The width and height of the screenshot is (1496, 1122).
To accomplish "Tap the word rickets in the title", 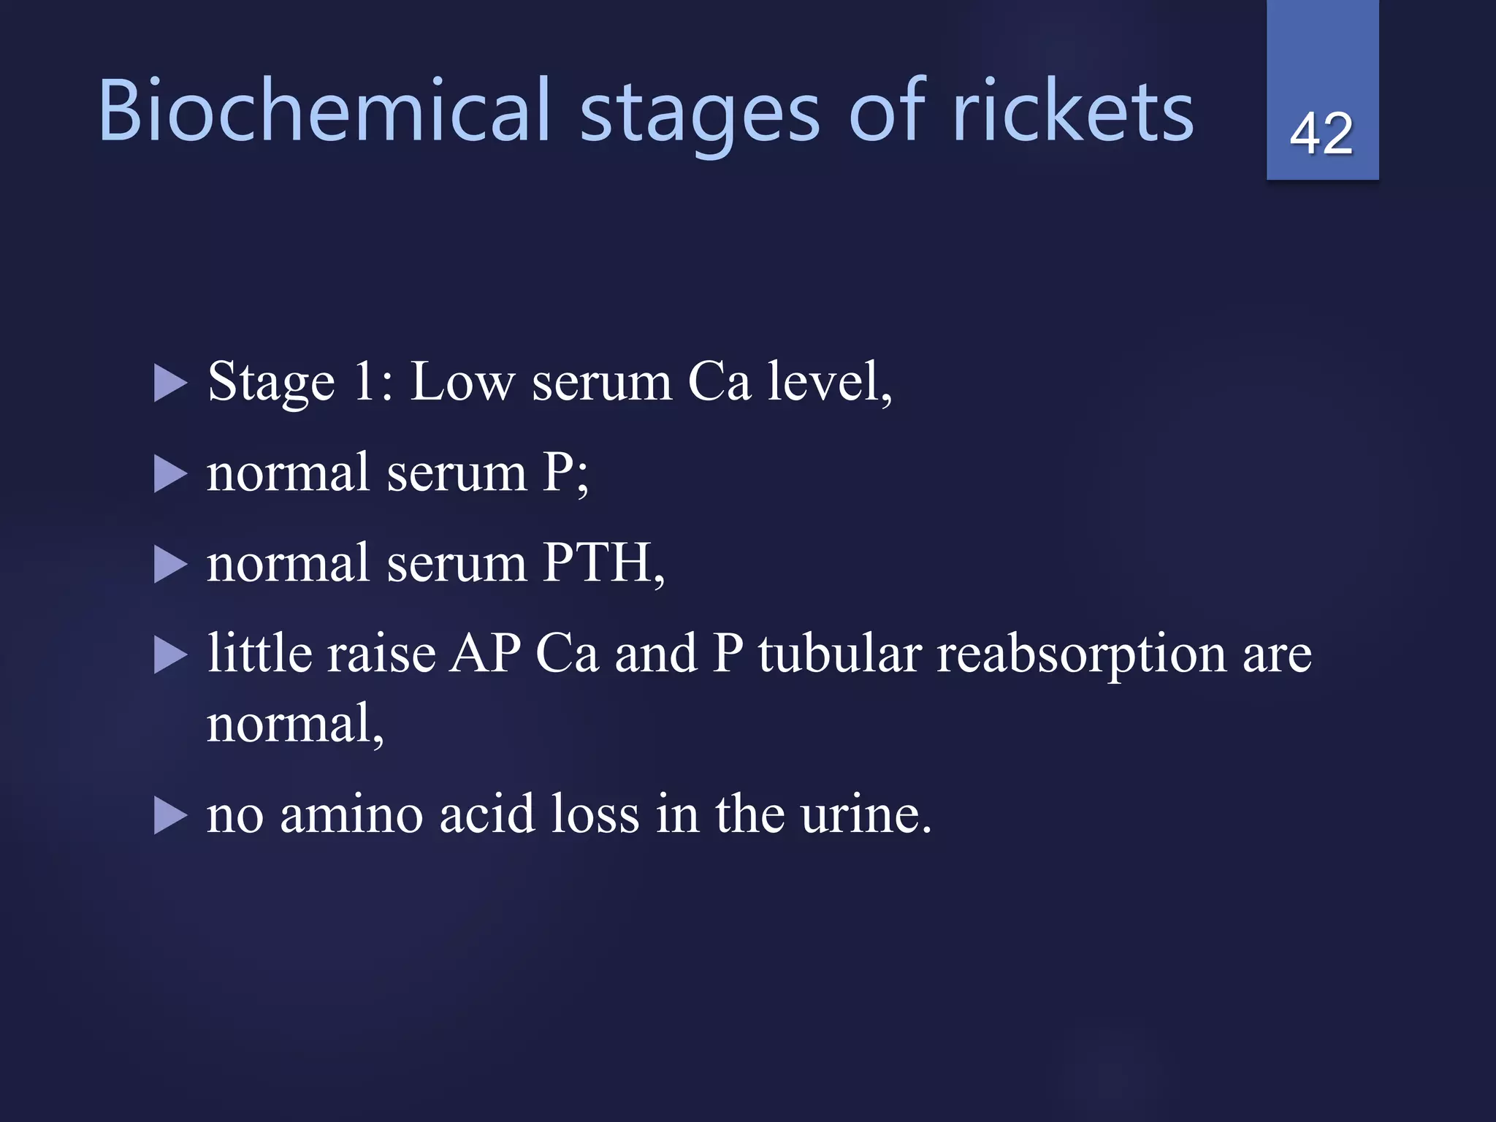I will click(1073, 111).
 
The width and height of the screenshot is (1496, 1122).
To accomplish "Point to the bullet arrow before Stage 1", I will click(170, 383).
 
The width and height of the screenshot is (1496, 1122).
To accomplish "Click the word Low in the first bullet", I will click(462, 381).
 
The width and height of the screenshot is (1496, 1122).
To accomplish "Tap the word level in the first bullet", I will click(828, 381).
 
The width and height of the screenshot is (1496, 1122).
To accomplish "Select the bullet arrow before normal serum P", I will click(170, 474).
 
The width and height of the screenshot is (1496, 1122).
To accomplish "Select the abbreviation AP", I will click(485, 653).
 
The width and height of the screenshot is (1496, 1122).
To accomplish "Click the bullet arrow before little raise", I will click(170, 654).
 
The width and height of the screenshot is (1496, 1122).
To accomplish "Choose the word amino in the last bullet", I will click(351, 814).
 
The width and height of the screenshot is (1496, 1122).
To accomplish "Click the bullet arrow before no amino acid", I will click(170, 816).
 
